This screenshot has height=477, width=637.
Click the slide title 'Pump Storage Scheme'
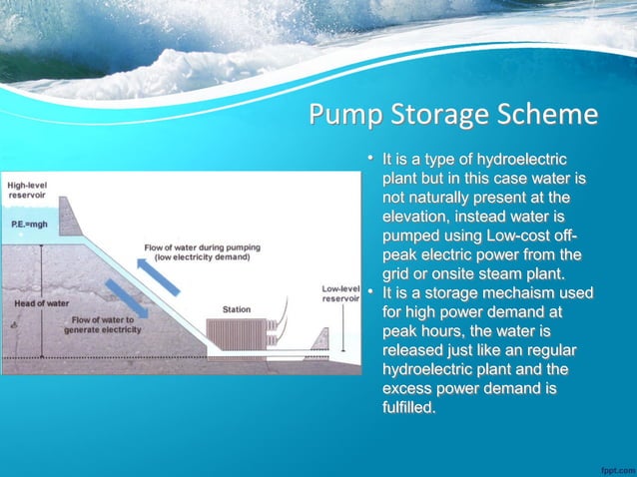pos(453,115)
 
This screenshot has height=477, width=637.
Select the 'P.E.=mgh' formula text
pos(29,225)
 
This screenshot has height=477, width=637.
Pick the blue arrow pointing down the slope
pos(126,297)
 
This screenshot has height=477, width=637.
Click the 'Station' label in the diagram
pos(237,309)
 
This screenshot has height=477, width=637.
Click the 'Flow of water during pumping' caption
pos(196,251)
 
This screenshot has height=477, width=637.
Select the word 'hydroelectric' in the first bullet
pos(520,160)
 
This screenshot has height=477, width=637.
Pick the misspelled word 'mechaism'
pos(531,292)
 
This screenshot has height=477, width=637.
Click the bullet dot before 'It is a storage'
pos(369,291)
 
